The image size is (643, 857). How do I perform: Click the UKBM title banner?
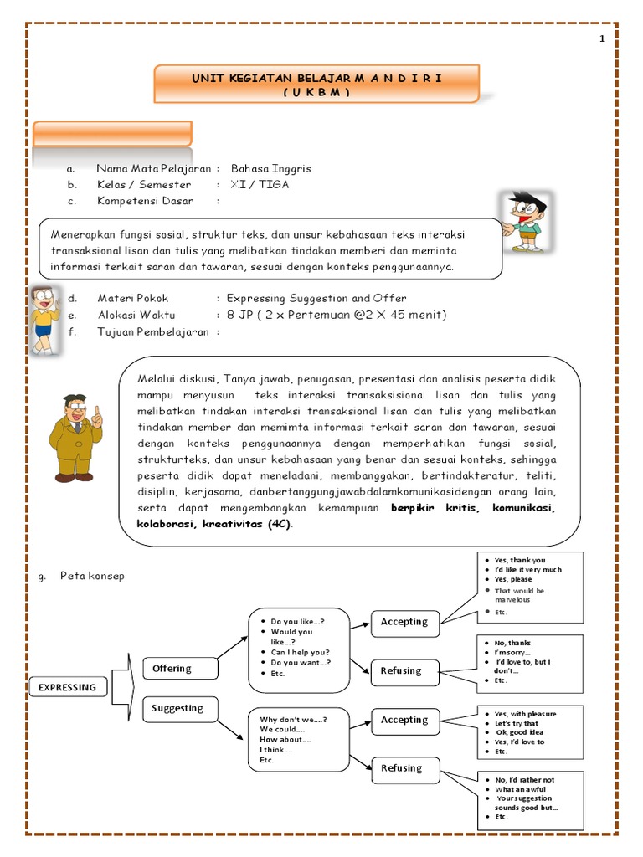coord(316,85)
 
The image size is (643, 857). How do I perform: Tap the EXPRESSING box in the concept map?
coord(69,688)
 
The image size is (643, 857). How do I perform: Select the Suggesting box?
coord(179,708)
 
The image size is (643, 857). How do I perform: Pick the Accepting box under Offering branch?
coord(404,622)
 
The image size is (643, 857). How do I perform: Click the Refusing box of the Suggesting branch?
coord(402,768)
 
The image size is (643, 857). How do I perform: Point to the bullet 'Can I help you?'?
coord(300,652)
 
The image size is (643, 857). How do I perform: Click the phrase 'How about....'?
coord(285,740)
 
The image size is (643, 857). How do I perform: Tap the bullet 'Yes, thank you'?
coord(520,560)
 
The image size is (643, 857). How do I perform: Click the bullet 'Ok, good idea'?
coord(520,732)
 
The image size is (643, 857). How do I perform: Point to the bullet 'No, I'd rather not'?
coord(525,779)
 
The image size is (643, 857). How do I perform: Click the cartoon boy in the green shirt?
coord(523,221)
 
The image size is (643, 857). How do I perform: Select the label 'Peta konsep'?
coord(92,576)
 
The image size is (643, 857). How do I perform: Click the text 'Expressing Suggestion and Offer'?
coord(316,298)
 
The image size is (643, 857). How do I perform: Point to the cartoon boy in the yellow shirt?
coord(44,318)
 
